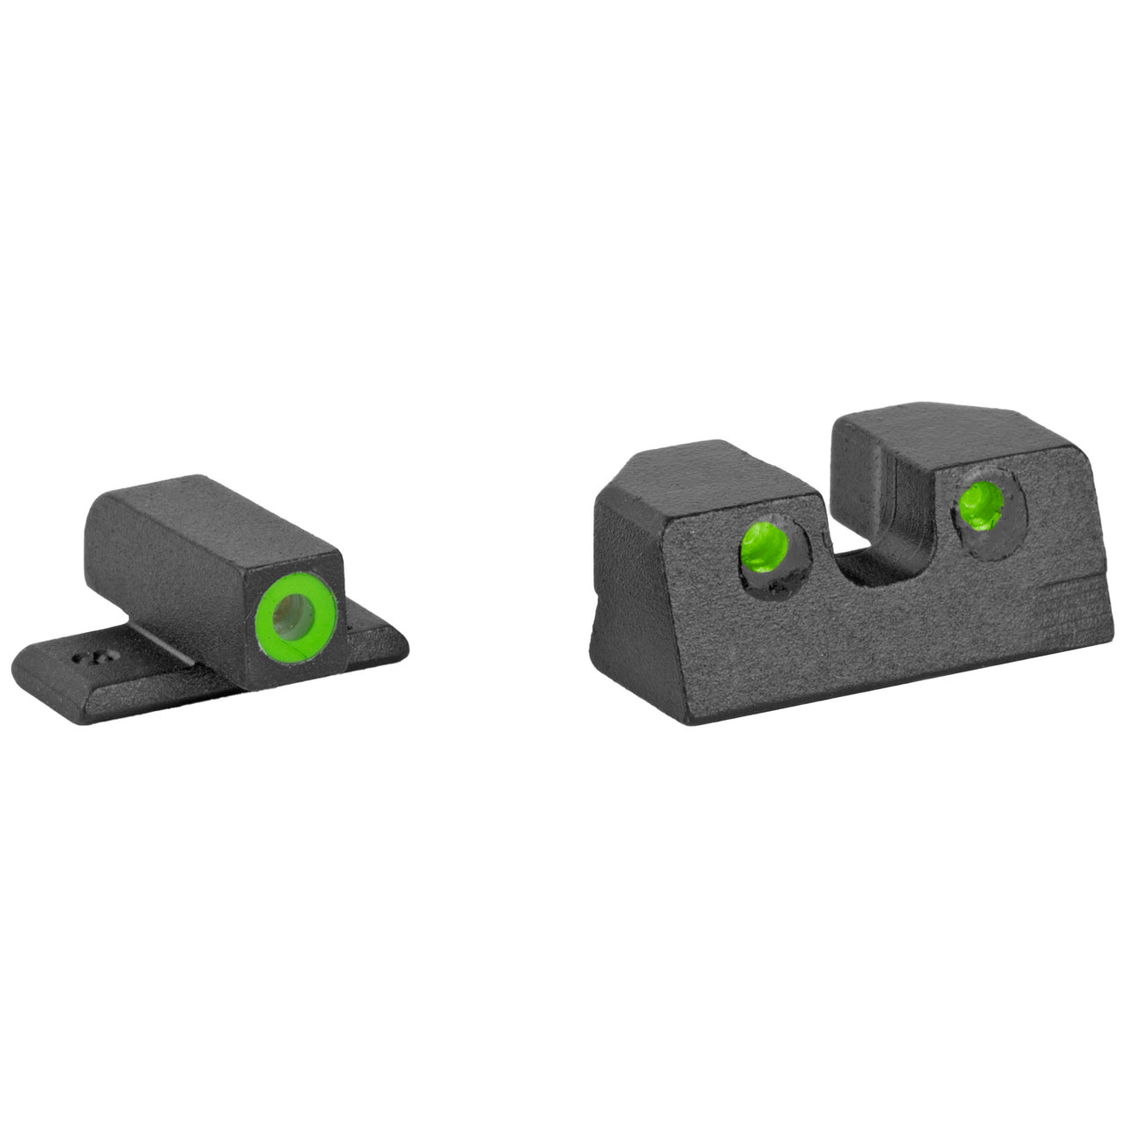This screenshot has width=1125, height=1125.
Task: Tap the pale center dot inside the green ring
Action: pos(293,614)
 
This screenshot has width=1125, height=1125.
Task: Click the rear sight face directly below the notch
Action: pos(879,633)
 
